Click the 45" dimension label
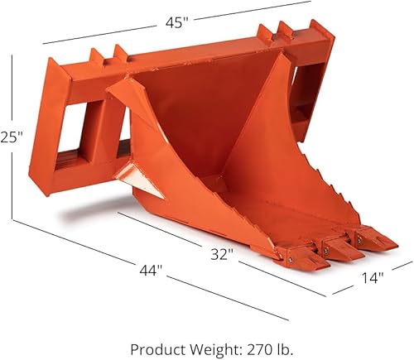coord(175,22)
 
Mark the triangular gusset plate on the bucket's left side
coord(132,176)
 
